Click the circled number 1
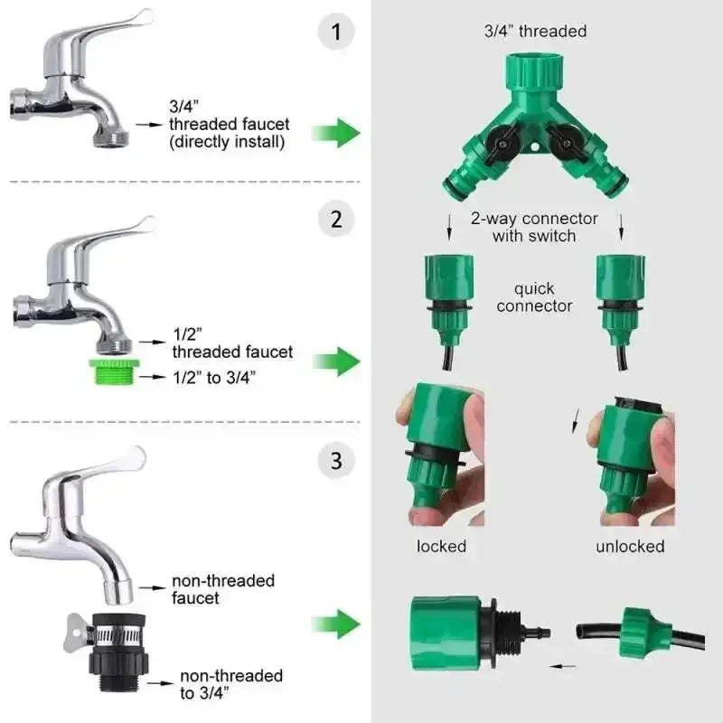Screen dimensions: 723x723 pyautogui.click(x=336, y=32)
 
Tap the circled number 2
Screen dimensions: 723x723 pyautogui.click(x=336, y=219)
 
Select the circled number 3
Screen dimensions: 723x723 pyautogui.click(x=336, y=460)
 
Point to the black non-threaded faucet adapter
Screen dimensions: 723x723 pyautogui.click(x=117, y=652)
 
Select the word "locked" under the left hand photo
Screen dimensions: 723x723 pyautogui.click(x=441, y=547)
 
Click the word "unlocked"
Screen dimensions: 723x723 pyautogui.click(x=630, y=547)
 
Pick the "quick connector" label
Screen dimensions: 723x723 pyautogui.click(x=534, y=297)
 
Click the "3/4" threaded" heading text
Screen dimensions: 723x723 pyautogui.click(x=535, y=32)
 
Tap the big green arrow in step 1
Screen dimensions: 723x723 pyautogui.click(x=336, y=133)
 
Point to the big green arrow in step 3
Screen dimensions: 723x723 pyautogui.click(x=336, y=624)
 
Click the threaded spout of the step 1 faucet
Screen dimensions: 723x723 pyautogui.click(x=111, y=137)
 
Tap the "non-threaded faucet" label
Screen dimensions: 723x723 pyautogui.click(x=223, y=589)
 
